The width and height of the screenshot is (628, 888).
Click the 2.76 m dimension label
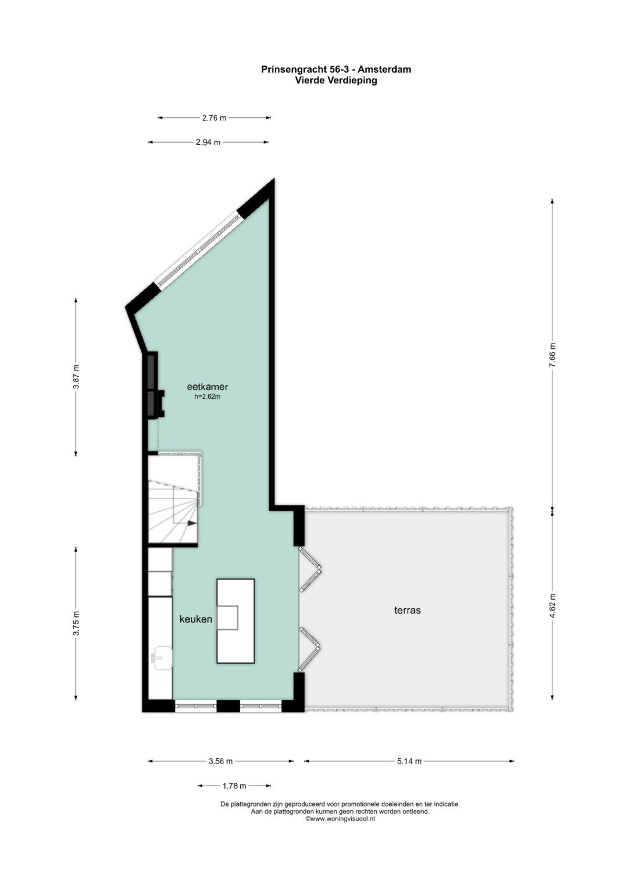point(214,117)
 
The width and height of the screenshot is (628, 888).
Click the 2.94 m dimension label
point(208,142)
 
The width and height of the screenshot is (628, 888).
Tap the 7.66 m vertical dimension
point(552,355)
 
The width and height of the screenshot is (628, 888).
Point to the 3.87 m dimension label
point(76,376)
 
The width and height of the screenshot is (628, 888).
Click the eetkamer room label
point(208,387)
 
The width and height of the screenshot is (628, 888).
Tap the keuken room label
point(196,619)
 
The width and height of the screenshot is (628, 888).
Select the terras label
point(408,610)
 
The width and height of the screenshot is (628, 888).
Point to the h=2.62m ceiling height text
point(207,397)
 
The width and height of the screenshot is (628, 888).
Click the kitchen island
point(235,621)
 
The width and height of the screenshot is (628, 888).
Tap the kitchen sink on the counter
point(162,658)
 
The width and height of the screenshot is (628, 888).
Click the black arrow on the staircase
point(192,523)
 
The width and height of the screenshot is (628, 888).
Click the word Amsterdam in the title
point(386,69)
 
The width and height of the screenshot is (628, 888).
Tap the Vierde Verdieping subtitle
point(336,80)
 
